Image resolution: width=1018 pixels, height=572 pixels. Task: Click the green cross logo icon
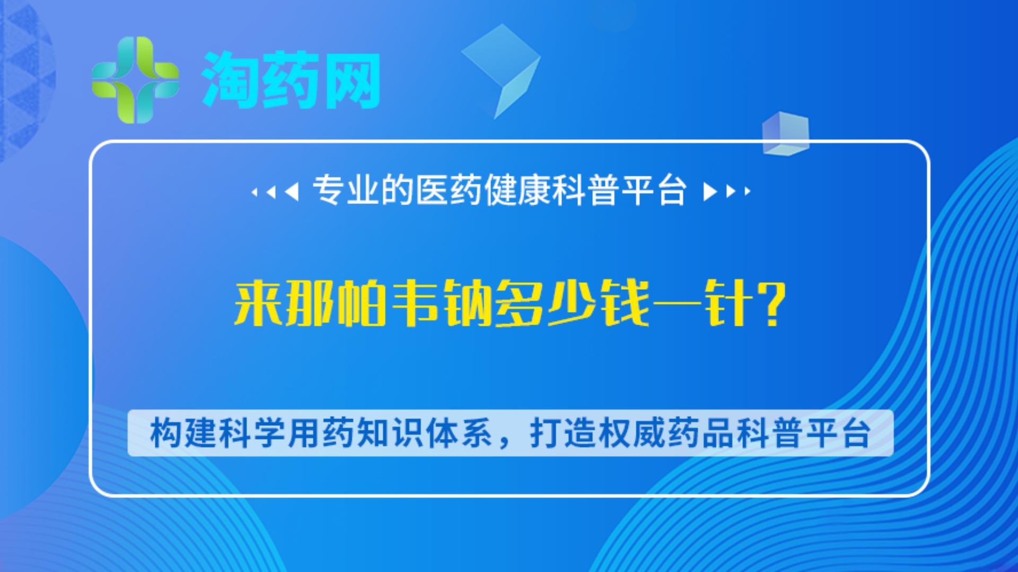click(135, 80)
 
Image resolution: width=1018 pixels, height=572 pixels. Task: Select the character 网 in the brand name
click(352, 80)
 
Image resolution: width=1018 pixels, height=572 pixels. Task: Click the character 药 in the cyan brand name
click(291, 80)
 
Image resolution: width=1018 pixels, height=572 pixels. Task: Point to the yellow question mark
click(772, 303)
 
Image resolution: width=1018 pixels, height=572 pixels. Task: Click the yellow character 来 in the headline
click(258, 303)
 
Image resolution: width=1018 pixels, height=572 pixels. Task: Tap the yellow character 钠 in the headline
click(468, 303)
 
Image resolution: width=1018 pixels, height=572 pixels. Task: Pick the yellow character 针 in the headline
click(729, 303)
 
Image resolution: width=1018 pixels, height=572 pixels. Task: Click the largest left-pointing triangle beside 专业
click(292, 191)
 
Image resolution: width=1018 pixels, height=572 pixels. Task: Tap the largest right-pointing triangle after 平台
click(709, 191)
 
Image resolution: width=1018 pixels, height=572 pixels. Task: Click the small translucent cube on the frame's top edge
click(786, 133)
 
